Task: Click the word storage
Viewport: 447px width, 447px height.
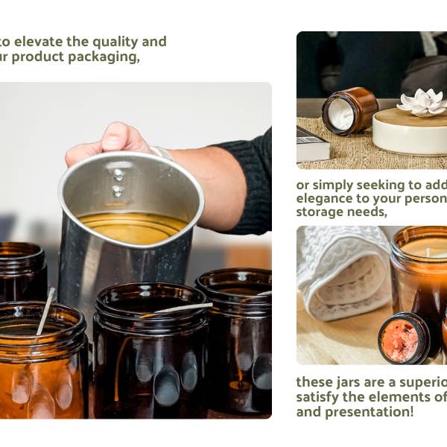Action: [x=320, y=212]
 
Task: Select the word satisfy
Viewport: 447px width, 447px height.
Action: [x=319, y=396]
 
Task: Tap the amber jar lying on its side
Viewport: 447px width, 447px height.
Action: [x=349, y=112]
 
